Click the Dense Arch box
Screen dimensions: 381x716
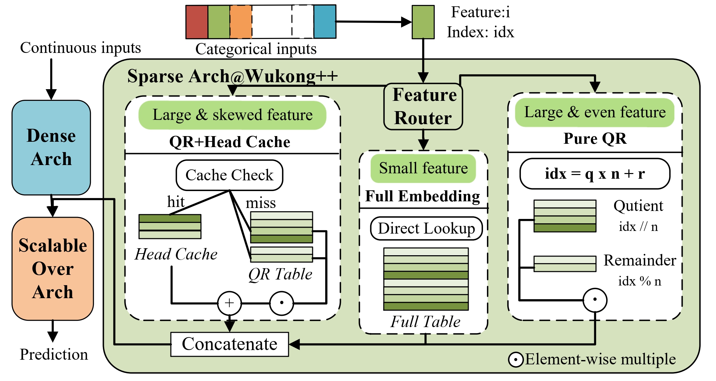(x=51, y=147)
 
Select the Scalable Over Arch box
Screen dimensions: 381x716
(x=53, y=269)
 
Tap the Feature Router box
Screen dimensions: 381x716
(x=423, y=106)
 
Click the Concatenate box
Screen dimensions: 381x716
(x=230, y=344)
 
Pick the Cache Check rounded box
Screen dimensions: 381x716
(x=229, y=175)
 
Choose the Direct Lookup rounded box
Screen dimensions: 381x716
(x=426, y=229)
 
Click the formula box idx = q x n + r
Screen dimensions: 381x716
(x=595, y=174)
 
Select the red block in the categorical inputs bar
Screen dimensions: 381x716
(x=197, y=22)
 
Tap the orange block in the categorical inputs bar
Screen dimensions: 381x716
(x=241, y=22)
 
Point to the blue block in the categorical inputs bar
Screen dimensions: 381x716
(x=325, y=22)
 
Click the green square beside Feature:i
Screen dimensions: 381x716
(x=423, y=22)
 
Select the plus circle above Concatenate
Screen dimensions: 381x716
(x=229, y=303)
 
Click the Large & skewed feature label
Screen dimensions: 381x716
(x=232, y=115)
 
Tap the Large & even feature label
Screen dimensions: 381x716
(x=595, y=112)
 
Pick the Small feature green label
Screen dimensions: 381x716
(x=423, y=168)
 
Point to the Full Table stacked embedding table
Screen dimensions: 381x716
(x=426, y=279)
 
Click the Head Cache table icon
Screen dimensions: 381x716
(x=170, y=227)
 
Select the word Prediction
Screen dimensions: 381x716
(x=54, y=354)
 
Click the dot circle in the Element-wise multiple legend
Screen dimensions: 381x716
(x=516, y=360)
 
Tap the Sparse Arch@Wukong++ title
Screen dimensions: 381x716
(x=232, y=76)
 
